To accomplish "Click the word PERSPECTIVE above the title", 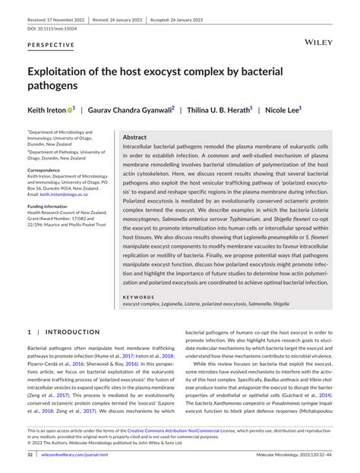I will pos(52,45).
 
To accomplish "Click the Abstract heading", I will pos(134,137).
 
